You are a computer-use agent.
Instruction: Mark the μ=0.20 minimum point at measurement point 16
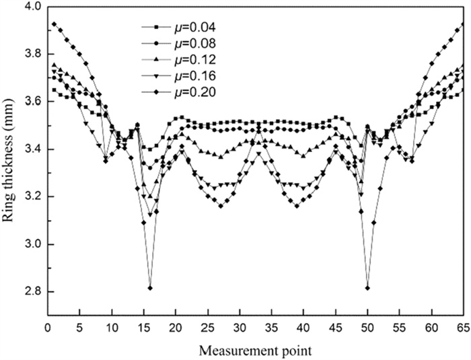(x=150, y=288)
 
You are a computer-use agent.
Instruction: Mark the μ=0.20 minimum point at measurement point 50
(x=367, y=288)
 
